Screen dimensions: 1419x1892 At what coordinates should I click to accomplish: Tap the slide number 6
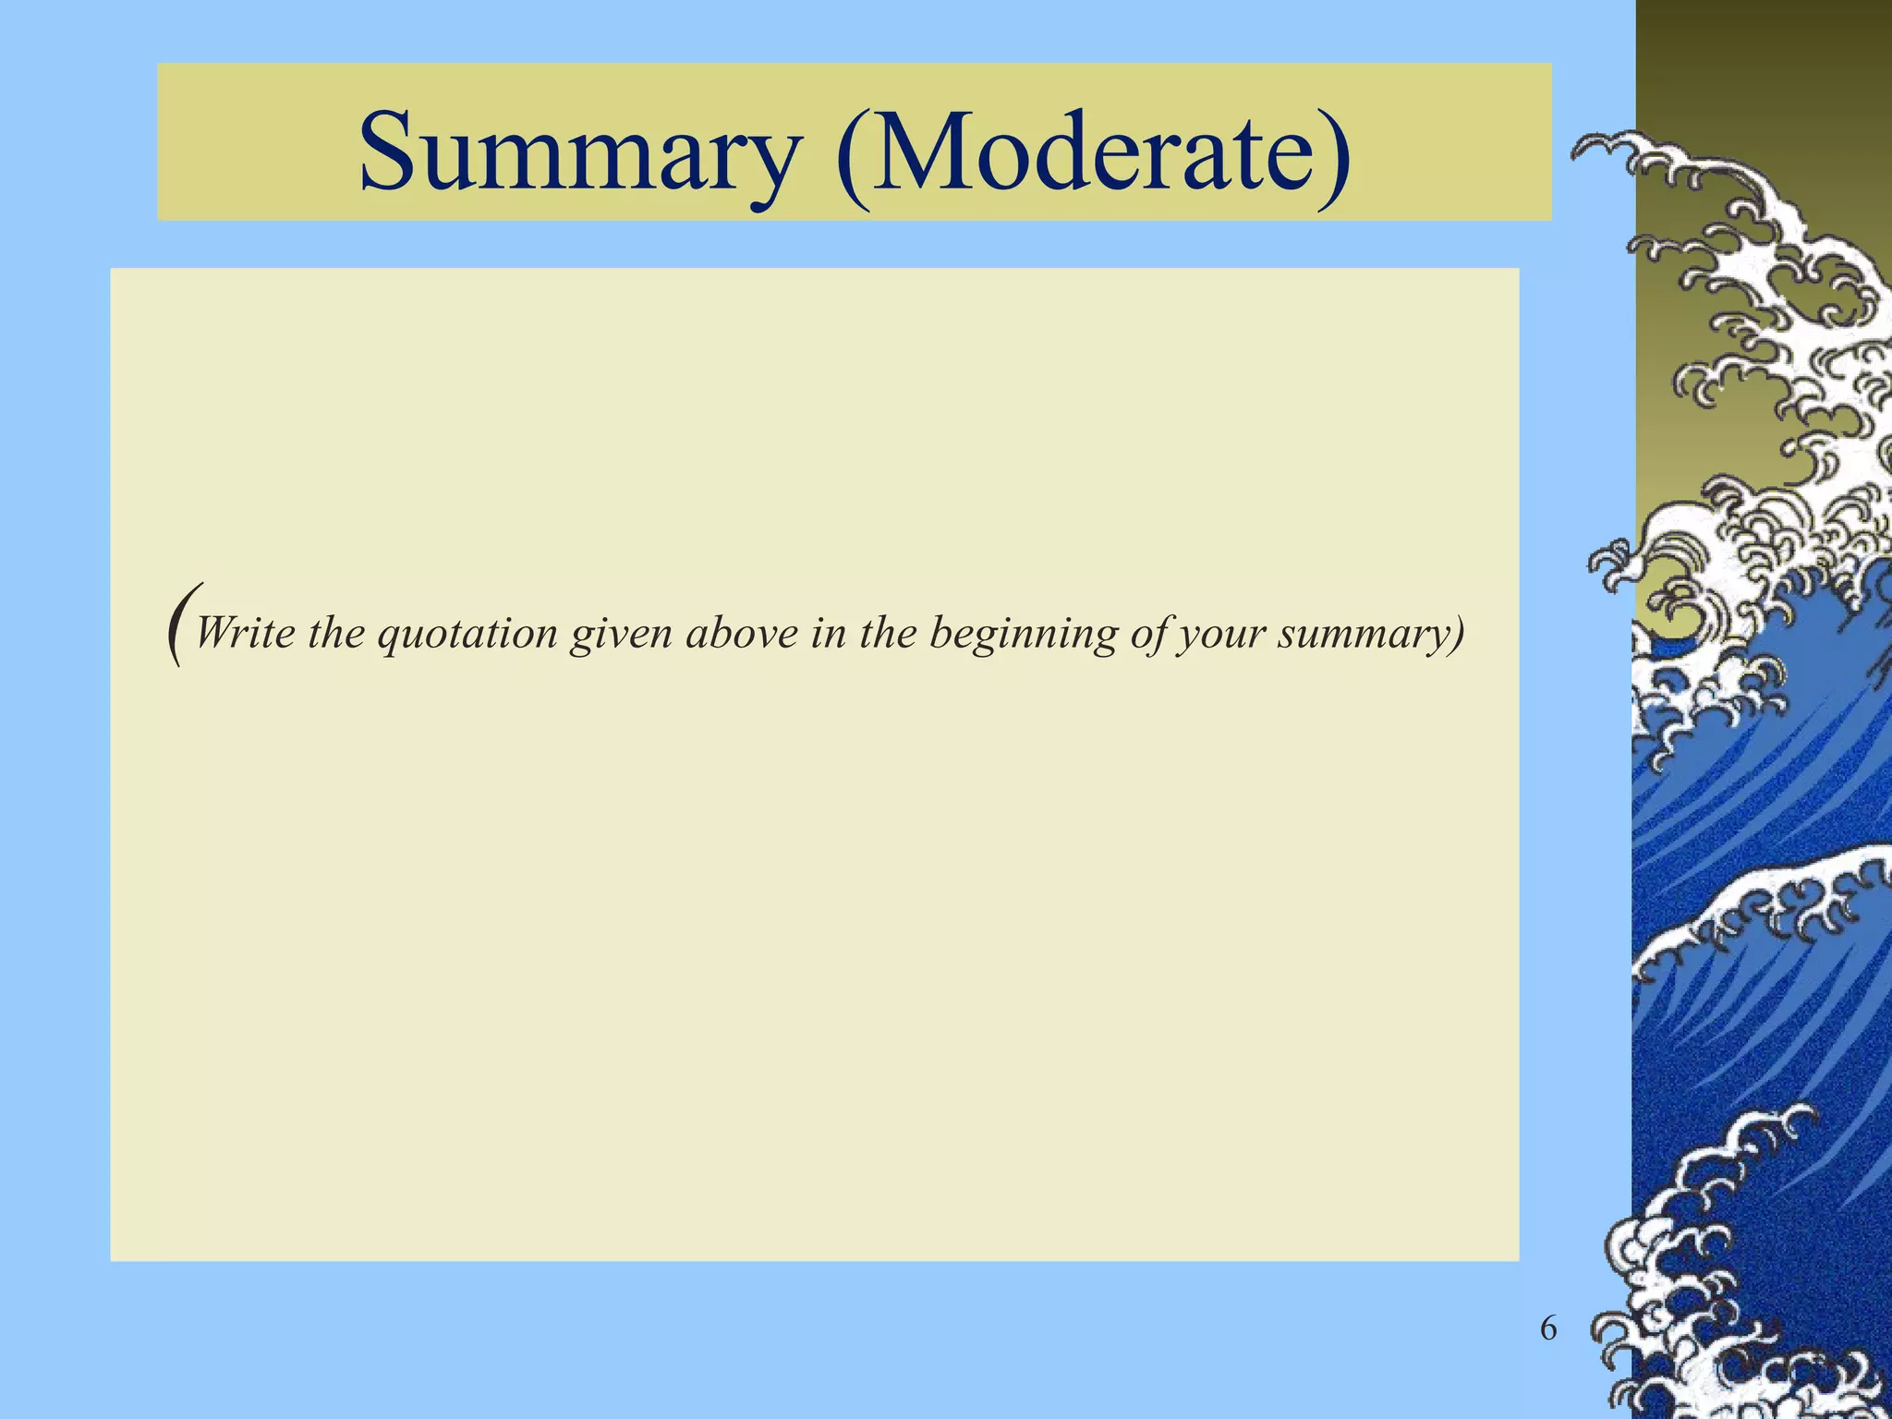coord(1548,1329)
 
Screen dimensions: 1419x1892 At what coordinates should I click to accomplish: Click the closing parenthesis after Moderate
coord(1331,154)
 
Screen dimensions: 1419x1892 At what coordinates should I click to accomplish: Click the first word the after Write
coord(336,634)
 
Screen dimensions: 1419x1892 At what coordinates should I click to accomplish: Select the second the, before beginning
coord(888,634)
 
